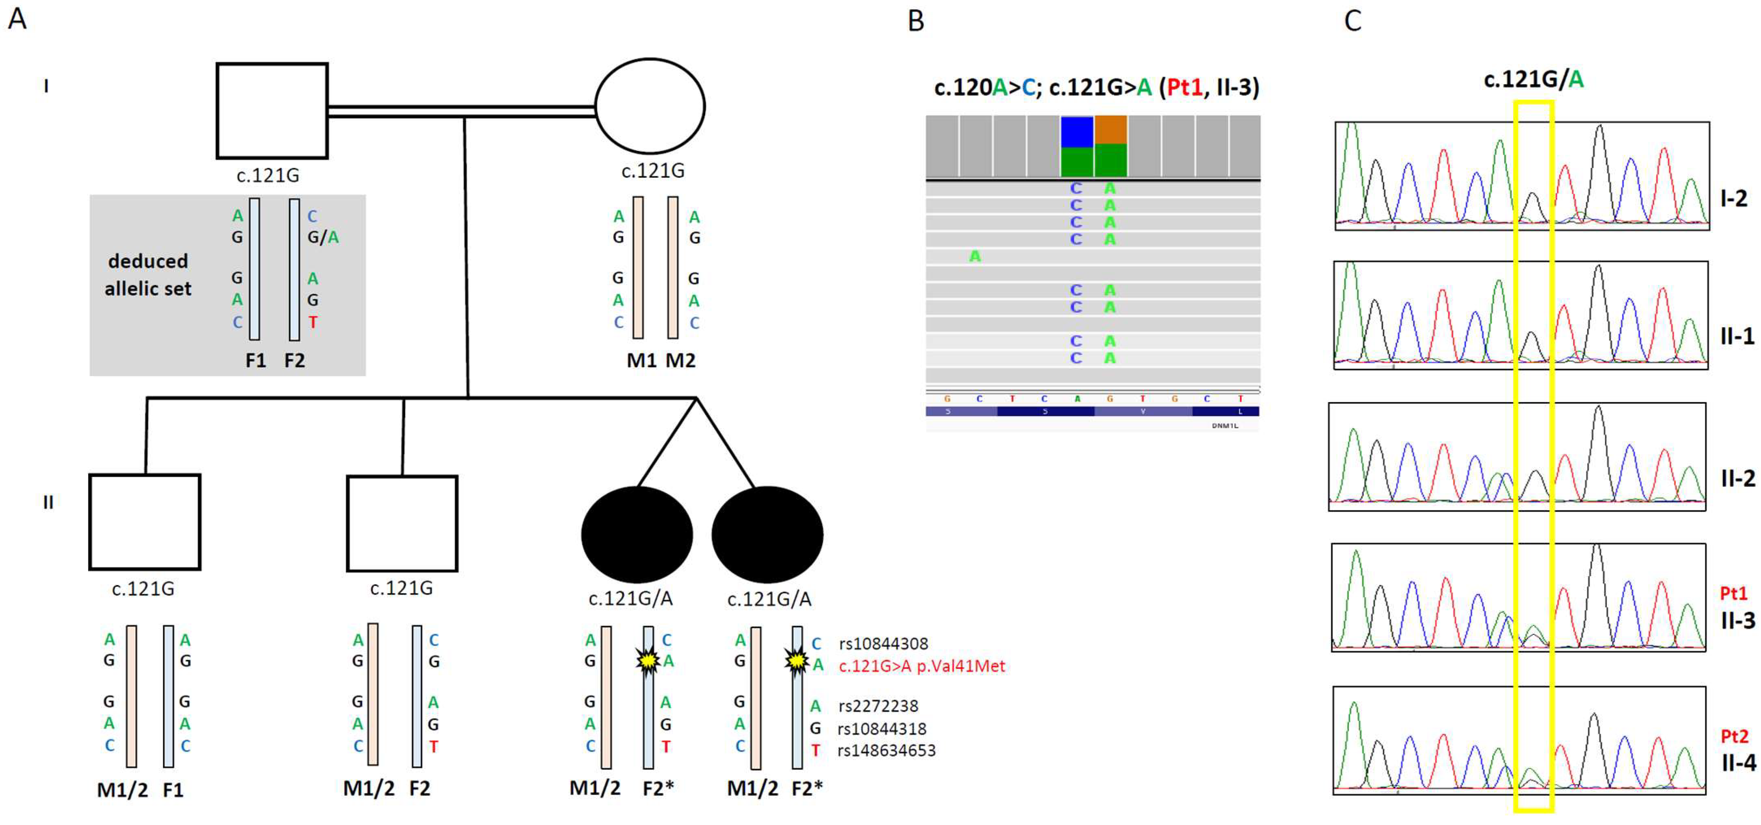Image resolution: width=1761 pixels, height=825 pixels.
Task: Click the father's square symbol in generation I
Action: (272, 111)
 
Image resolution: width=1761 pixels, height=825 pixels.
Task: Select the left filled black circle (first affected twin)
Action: (636, 534)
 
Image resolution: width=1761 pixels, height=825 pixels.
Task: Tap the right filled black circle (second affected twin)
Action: (767, 534)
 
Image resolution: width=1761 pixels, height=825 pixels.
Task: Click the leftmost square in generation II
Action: (144, 521)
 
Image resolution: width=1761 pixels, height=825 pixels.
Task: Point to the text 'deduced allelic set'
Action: (148, 275)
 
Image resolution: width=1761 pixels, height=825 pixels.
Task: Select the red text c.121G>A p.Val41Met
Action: (921, 666)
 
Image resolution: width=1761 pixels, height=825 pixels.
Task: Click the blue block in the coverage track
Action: (1077, 132)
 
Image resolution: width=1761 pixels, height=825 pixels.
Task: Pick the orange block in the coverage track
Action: (1110, 130)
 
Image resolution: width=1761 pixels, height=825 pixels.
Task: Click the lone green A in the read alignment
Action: (975, 256)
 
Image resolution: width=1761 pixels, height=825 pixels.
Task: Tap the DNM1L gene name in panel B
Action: (1224, 426)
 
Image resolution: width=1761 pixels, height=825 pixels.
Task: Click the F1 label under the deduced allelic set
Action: (256, 360)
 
